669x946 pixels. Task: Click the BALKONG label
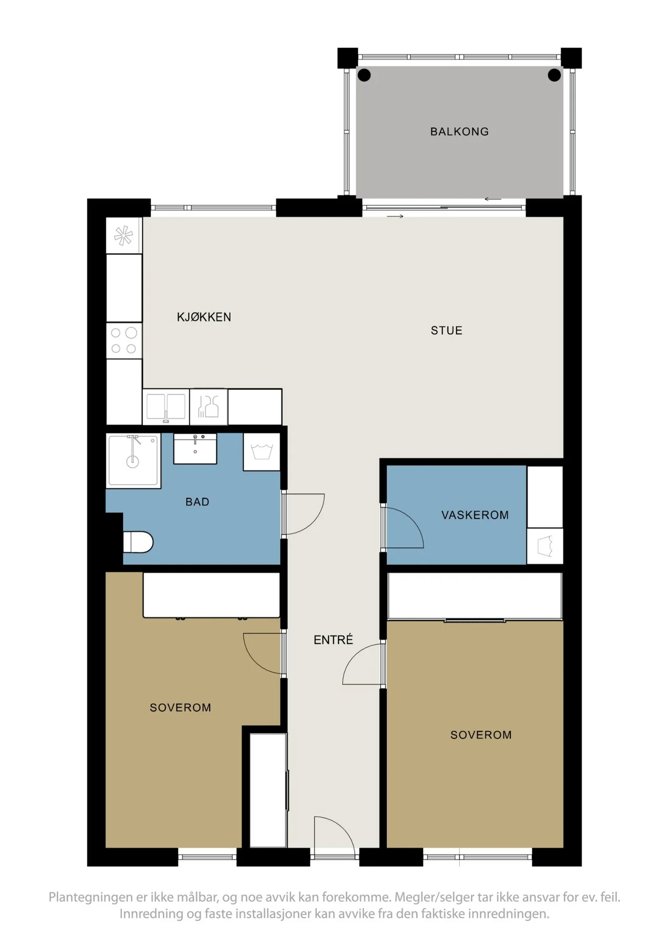pyautogui.click(x=459, y=131)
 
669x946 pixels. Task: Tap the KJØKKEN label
pyautogui.click(x=204, y=317)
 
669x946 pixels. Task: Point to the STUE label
pyautogui.click(x=447, y=331)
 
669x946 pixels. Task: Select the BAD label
pyautogui.click(x=198, y=502)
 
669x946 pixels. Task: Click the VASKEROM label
pyautogui.click(x=475, y=515)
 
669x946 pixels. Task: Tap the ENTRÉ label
pyautogui.click(x=333, y=640)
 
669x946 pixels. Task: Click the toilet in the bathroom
pyautogui.click(x=138, y=542)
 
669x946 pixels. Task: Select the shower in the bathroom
pyautogui.click(x=133, y=461)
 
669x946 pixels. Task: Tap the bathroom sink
pyautogui.click(x=195, y=449)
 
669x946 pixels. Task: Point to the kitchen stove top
pyautogui.click(x=124, y=341)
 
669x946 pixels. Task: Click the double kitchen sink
pyautogui.click(x=166, y=406)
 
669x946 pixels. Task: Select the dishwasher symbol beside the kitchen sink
pyautogui.click(x=209, y=406)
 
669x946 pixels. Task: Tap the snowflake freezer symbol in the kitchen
pyautogui.click(x=124, y=235)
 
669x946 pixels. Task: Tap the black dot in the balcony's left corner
pyautogui.click(x=364, y=75)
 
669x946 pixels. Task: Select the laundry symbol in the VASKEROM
pyautogui.click(x=545, y=546)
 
